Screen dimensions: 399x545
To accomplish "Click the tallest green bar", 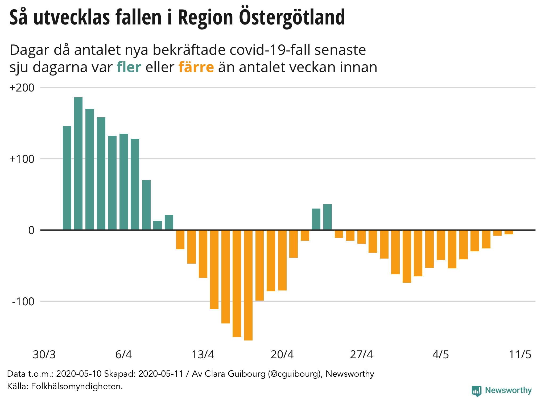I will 78,164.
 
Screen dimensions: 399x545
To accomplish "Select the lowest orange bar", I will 248,285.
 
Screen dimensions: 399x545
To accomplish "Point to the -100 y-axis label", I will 23,302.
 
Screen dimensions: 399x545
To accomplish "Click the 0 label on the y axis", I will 31,230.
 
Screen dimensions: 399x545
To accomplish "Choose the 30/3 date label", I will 44,355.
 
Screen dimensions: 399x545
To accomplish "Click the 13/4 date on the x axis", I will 203,355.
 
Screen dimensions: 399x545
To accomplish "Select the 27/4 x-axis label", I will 361,355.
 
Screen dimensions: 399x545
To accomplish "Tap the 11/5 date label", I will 520,355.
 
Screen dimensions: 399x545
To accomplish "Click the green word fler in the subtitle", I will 129,67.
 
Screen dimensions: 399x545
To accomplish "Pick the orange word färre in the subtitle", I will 196,67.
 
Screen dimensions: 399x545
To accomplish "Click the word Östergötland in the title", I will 292,18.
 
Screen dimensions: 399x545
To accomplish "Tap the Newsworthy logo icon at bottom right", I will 477,391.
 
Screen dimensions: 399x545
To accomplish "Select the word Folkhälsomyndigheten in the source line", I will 77,386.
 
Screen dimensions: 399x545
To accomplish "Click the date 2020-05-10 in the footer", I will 79,374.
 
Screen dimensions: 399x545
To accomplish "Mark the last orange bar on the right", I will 509,232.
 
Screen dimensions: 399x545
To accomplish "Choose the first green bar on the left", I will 67,178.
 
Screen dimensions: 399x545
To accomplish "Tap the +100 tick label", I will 22,159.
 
